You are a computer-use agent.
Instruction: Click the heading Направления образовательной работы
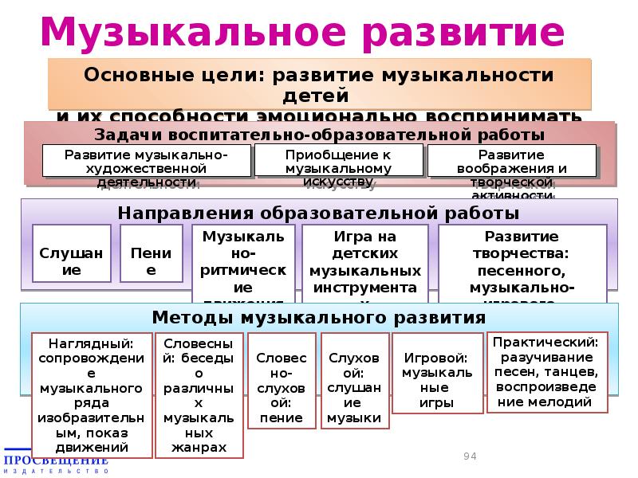[319, 213]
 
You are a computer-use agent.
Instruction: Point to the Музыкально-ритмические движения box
[244, 264]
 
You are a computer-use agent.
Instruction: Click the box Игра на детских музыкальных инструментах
[365, 264]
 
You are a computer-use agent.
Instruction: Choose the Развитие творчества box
[522, 264]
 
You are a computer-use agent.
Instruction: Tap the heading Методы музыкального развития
[319, 317]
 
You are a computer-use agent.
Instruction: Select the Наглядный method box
[91, 395]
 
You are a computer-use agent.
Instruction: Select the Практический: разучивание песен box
[547, 371]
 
